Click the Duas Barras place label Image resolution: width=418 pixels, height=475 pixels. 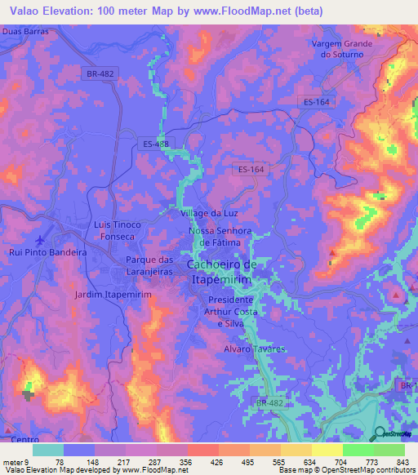click(x=25, y=31)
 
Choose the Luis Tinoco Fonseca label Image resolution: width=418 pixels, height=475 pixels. click(x=118, y=230)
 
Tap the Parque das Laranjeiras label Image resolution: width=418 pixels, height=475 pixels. click(x=149, y=266)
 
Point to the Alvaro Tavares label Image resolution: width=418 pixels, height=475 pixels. click(x=255, y=348)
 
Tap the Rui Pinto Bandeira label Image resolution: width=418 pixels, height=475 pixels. click(x=48, y=253)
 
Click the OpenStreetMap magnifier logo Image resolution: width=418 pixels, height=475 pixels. click(x=380, y=433)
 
